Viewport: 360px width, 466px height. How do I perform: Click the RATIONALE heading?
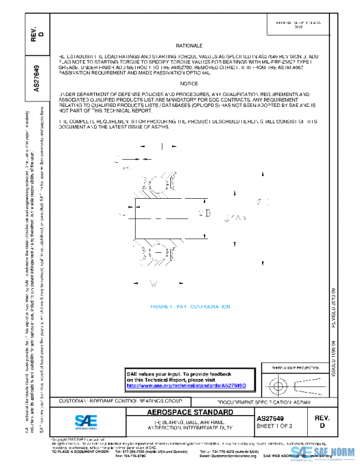(x=190, y=46)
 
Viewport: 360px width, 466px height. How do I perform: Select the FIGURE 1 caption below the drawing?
(x=190, y=306)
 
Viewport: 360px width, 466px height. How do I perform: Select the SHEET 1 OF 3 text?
(x=274, y=426)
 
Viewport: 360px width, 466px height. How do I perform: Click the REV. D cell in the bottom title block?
(x=322, y=420)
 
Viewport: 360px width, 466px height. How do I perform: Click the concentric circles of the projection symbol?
(x=278, y=383)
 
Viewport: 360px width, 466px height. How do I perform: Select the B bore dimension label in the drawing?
(x=208, y=213)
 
